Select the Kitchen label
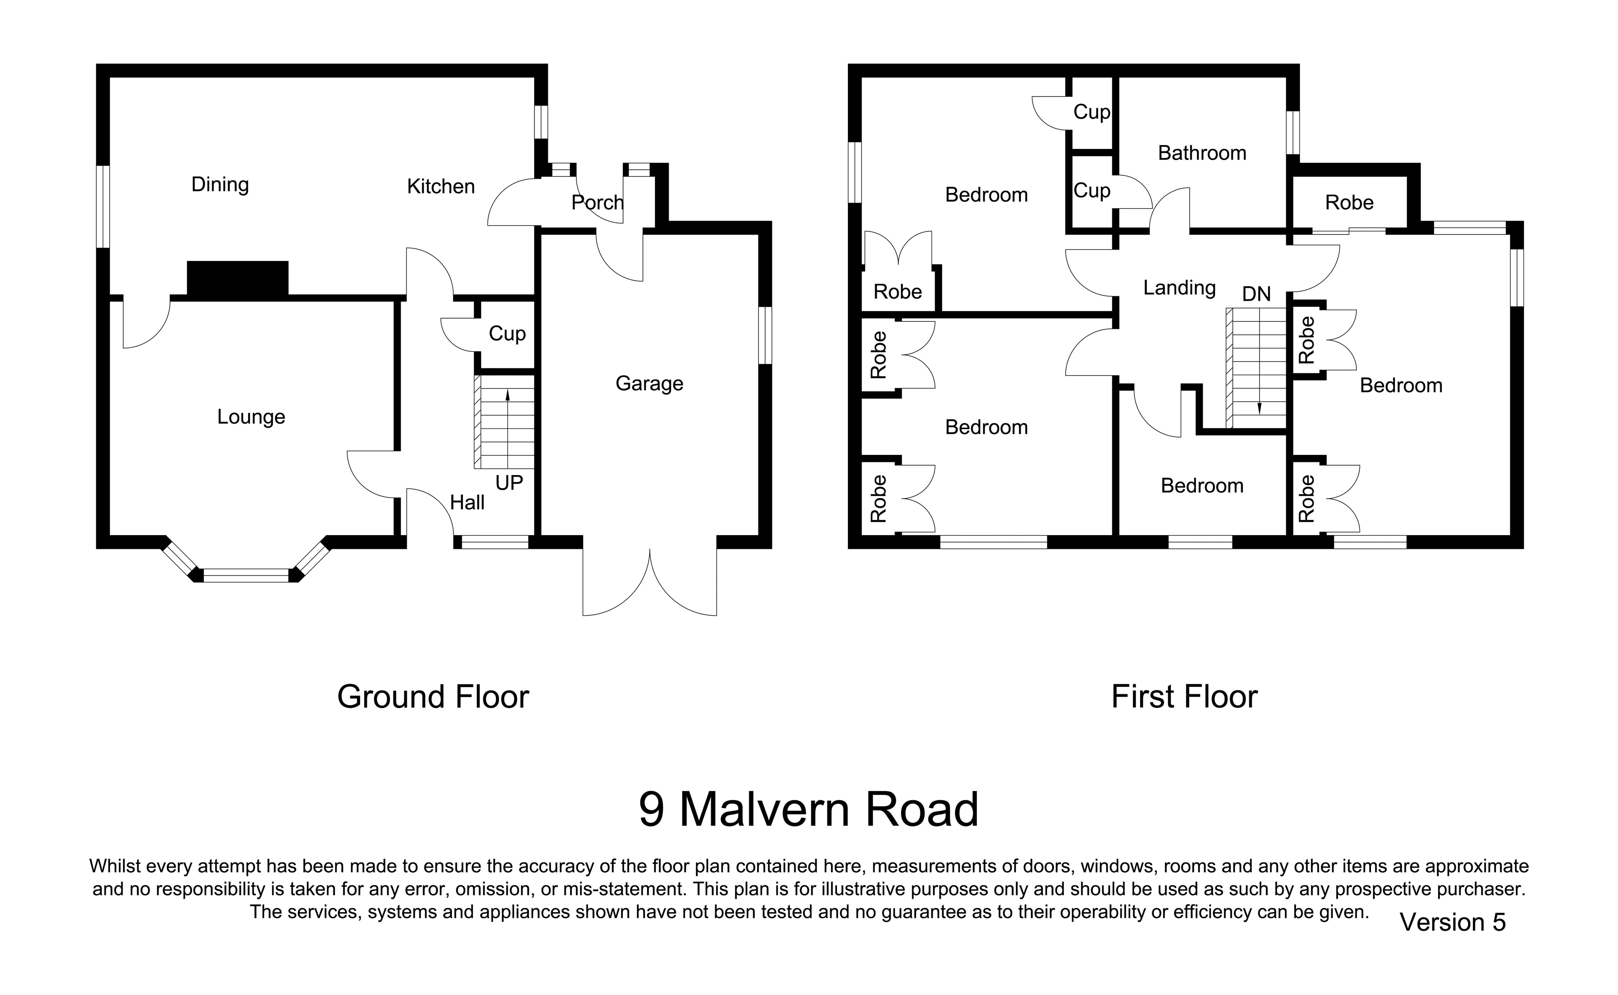pos(441,187)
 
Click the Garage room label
pos(649,384)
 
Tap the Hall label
pos(467,503)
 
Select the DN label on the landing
pos(1256,294)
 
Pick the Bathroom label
pos(1202,153)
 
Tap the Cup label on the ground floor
pos(507,334)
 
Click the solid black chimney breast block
pos(238,278)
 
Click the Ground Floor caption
pos(433,697)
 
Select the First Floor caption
pos(1184,697)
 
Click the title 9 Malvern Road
pos(809,809)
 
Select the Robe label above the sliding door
pos(1349,203)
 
